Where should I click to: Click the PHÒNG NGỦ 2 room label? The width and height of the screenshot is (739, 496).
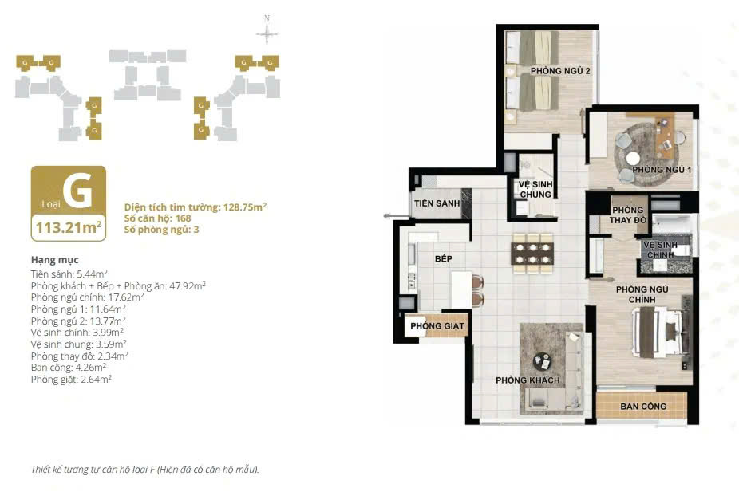point(560,71)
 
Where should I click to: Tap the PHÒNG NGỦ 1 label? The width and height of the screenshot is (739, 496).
point(662,170)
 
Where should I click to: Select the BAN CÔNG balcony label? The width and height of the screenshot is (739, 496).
point(643,407)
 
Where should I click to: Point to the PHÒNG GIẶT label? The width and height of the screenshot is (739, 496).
point(437,326)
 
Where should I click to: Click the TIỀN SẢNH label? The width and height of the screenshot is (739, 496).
point(437,203)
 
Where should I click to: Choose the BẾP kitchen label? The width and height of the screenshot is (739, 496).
point(444,258)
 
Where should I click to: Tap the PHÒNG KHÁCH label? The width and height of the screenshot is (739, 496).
point(528,380)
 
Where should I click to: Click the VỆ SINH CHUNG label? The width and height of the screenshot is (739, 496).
point(535,189)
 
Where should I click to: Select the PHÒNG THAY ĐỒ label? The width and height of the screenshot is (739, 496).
point(628,215)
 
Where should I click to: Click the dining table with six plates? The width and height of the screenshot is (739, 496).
point(532,254)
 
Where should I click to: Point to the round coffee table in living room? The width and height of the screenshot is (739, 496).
point(542,362)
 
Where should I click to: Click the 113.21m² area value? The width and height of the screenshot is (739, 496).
point(69,227)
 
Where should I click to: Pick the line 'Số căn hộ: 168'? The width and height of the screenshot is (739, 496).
point(157,218)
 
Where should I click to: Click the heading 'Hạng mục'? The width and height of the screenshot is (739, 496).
point(55,260)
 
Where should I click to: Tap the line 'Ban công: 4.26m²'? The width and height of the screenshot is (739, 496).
point(69,368)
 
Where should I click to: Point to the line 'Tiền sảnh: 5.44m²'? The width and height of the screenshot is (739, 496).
point(69,274)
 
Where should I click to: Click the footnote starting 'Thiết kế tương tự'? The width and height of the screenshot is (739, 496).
point(145,470)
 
